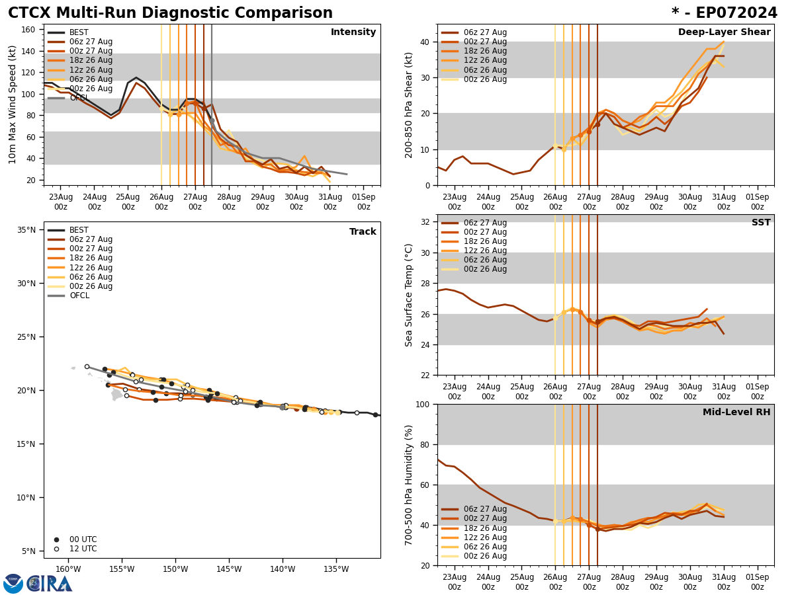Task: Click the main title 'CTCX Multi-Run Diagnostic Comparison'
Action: (170, 13)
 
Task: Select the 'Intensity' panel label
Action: (353, 32)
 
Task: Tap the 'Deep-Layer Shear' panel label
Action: (724, 32)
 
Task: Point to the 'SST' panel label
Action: (761, 223)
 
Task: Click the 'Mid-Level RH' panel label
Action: (736, 413)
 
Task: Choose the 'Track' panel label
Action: (363, 232)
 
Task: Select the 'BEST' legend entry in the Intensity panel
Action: (79, 32)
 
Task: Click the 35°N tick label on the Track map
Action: (26, 230)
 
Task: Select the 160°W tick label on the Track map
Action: (68, 569)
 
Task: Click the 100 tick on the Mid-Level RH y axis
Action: (421, 404)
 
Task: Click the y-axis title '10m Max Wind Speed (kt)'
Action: (13, 104)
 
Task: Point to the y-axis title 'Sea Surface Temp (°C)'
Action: (409, 295)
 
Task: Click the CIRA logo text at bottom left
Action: (50, 583)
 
